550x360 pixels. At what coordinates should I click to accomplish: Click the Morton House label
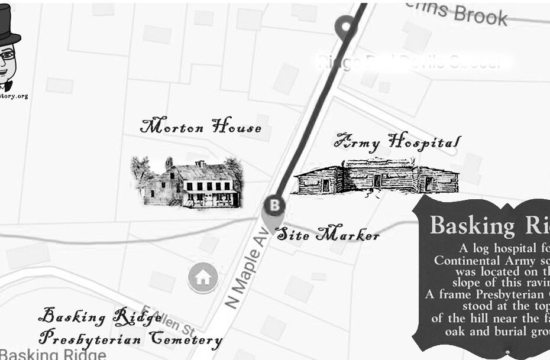pyautogui.click(x=201, y=127)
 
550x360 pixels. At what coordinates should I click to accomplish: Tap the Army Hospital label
pyautogui.click(x=397, y=141)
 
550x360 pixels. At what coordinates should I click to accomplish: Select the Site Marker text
pyautogui.click(x=328, y=235)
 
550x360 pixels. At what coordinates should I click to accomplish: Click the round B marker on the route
pyautogui.click(x=274, y=206)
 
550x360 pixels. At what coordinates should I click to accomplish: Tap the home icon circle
pyautogui.click(x=202, y=277)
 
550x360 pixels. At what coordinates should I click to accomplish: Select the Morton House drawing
pyautogui.click(x=187, y=183)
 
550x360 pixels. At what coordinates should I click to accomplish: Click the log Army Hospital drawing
pyautogui.click(x=376, y=176)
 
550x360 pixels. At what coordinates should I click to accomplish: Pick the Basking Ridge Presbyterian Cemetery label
pyautogui.click(x=130, y=329)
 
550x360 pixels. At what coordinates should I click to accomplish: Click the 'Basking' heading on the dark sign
pyautogui.click(x=473, y=226)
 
